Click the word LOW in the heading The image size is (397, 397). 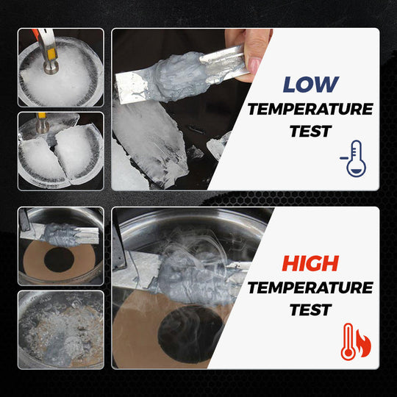pos(312,83)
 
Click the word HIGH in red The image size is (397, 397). pos(310,262)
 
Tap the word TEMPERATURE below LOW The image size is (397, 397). pos(310,109)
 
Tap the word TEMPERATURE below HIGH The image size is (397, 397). pos(310,287)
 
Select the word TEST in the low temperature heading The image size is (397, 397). pos(310,133)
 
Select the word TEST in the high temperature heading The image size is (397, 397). pos(310,311)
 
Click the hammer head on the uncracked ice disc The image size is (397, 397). pos(51,66)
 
